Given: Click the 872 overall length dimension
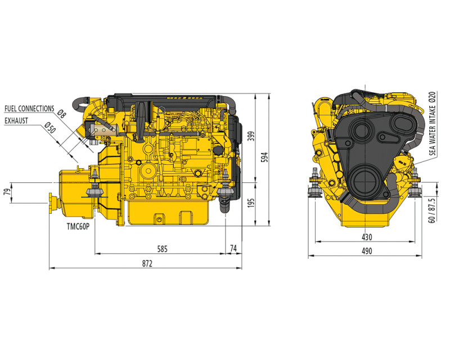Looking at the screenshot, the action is click(147, 263).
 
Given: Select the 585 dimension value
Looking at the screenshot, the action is click(162, 249).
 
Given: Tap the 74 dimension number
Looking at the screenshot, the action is click(233, 248).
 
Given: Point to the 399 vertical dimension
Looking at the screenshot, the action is click(251, 136).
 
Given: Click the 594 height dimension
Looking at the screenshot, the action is click(264, 157).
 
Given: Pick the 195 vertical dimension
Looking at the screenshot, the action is click(251, 202).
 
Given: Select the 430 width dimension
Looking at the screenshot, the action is click(367, 237).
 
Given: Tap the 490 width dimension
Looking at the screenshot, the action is click(367, 251).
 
